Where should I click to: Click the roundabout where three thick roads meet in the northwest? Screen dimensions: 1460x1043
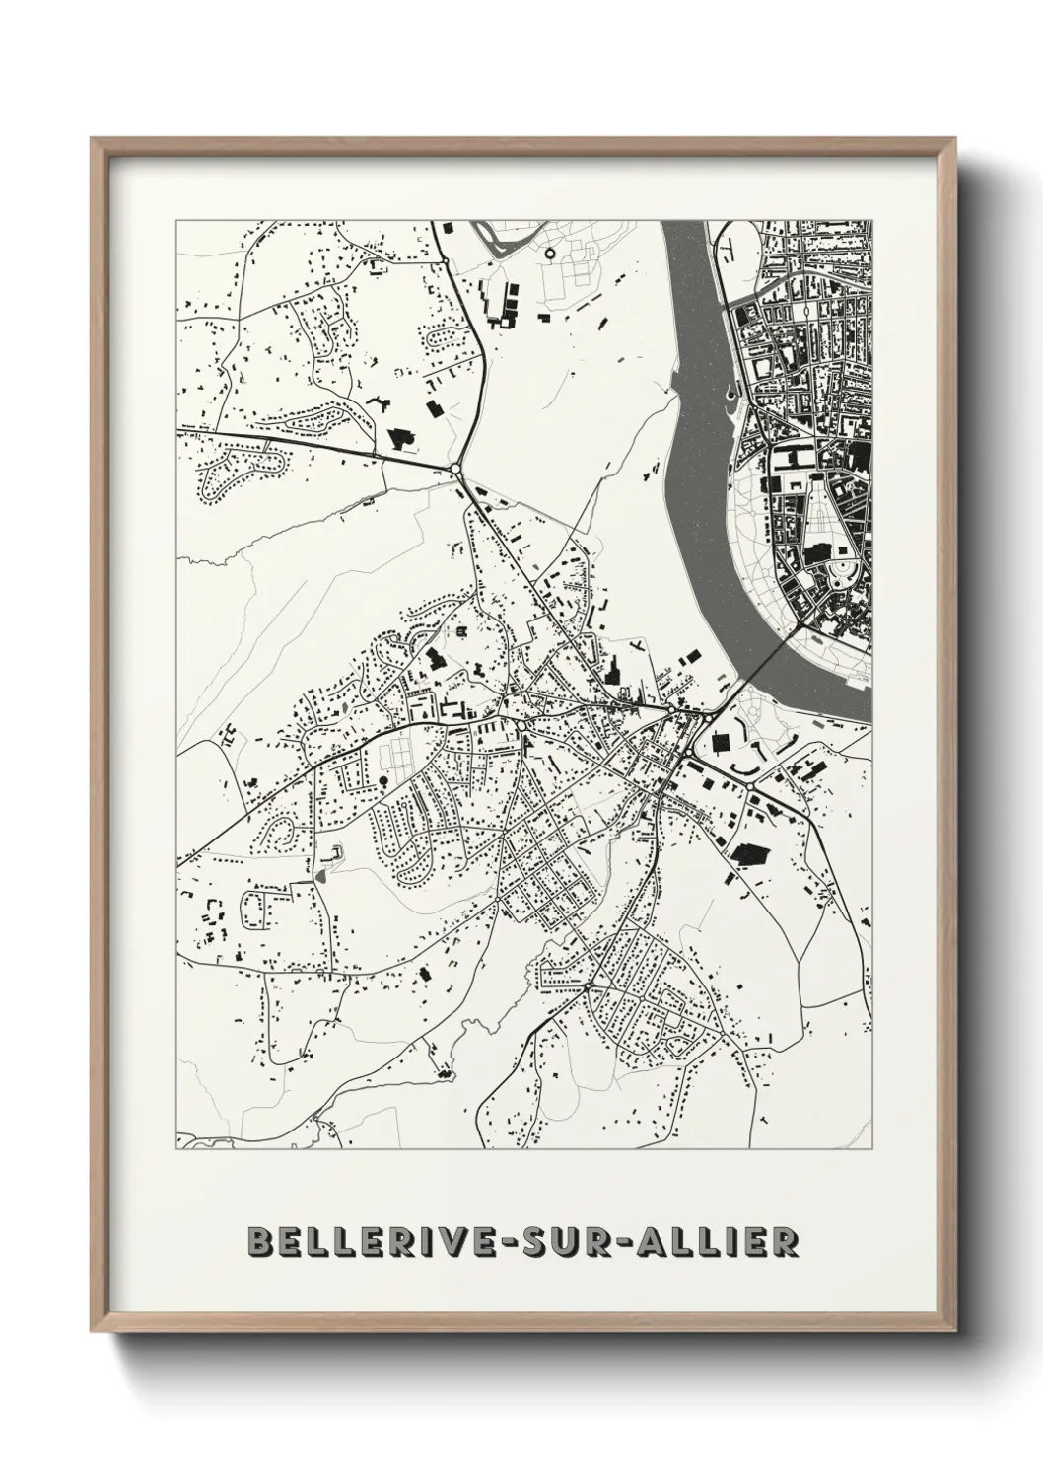point(455,469)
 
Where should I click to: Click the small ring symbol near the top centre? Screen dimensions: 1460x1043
point(549,254)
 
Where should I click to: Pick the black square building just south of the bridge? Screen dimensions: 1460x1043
point(720,741)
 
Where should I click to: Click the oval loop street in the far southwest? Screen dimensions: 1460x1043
point(258,909)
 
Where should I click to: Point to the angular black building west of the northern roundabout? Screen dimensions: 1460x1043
point(401,438)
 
